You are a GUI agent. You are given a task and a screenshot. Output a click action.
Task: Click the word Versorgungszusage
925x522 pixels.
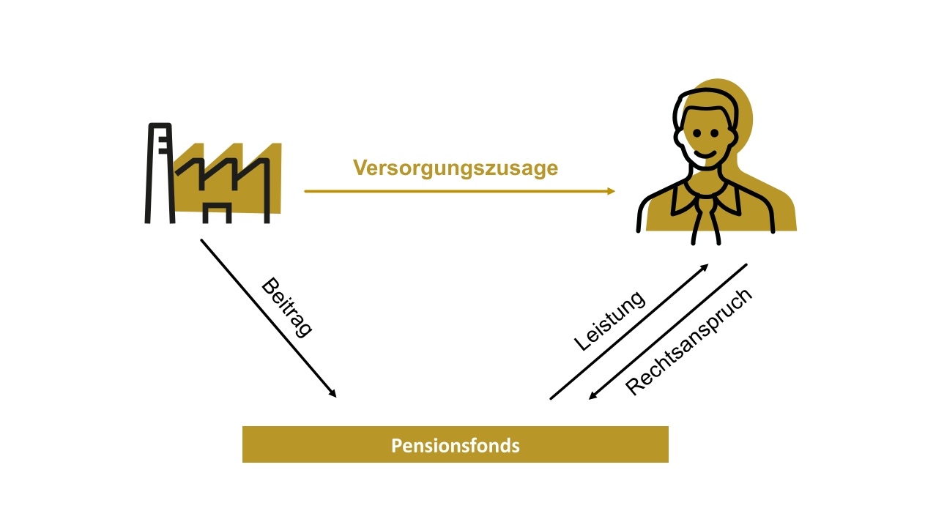pyautogui.click(x=455, y=168)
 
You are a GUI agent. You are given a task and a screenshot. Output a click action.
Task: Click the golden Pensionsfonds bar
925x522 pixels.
pyautogui.click(x=455, y=444)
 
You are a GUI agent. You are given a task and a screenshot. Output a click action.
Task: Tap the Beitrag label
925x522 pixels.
pyautogui.click(x=286, y=307)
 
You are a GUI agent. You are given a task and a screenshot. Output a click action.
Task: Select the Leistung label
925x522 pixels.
pyautogui.click(x=609, y=321)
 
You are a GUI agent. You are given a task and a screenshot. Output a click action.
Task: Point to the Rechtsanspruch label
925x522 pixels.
pyautogui.click(x=688, y=341)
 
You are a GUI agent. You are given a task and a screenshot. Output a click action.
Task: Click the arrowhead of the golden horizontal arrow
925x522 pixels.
pyautogui.click(x=612, y=191)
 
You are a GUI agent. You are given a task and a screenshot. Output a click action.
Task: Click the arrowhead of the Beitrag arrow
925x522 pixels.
pyautogui.click(x=333, y=395)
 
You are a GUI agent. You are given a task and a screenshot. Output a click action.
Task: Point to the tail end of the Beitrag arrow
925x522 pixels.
pyautogui.click(x=202, y=240)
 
